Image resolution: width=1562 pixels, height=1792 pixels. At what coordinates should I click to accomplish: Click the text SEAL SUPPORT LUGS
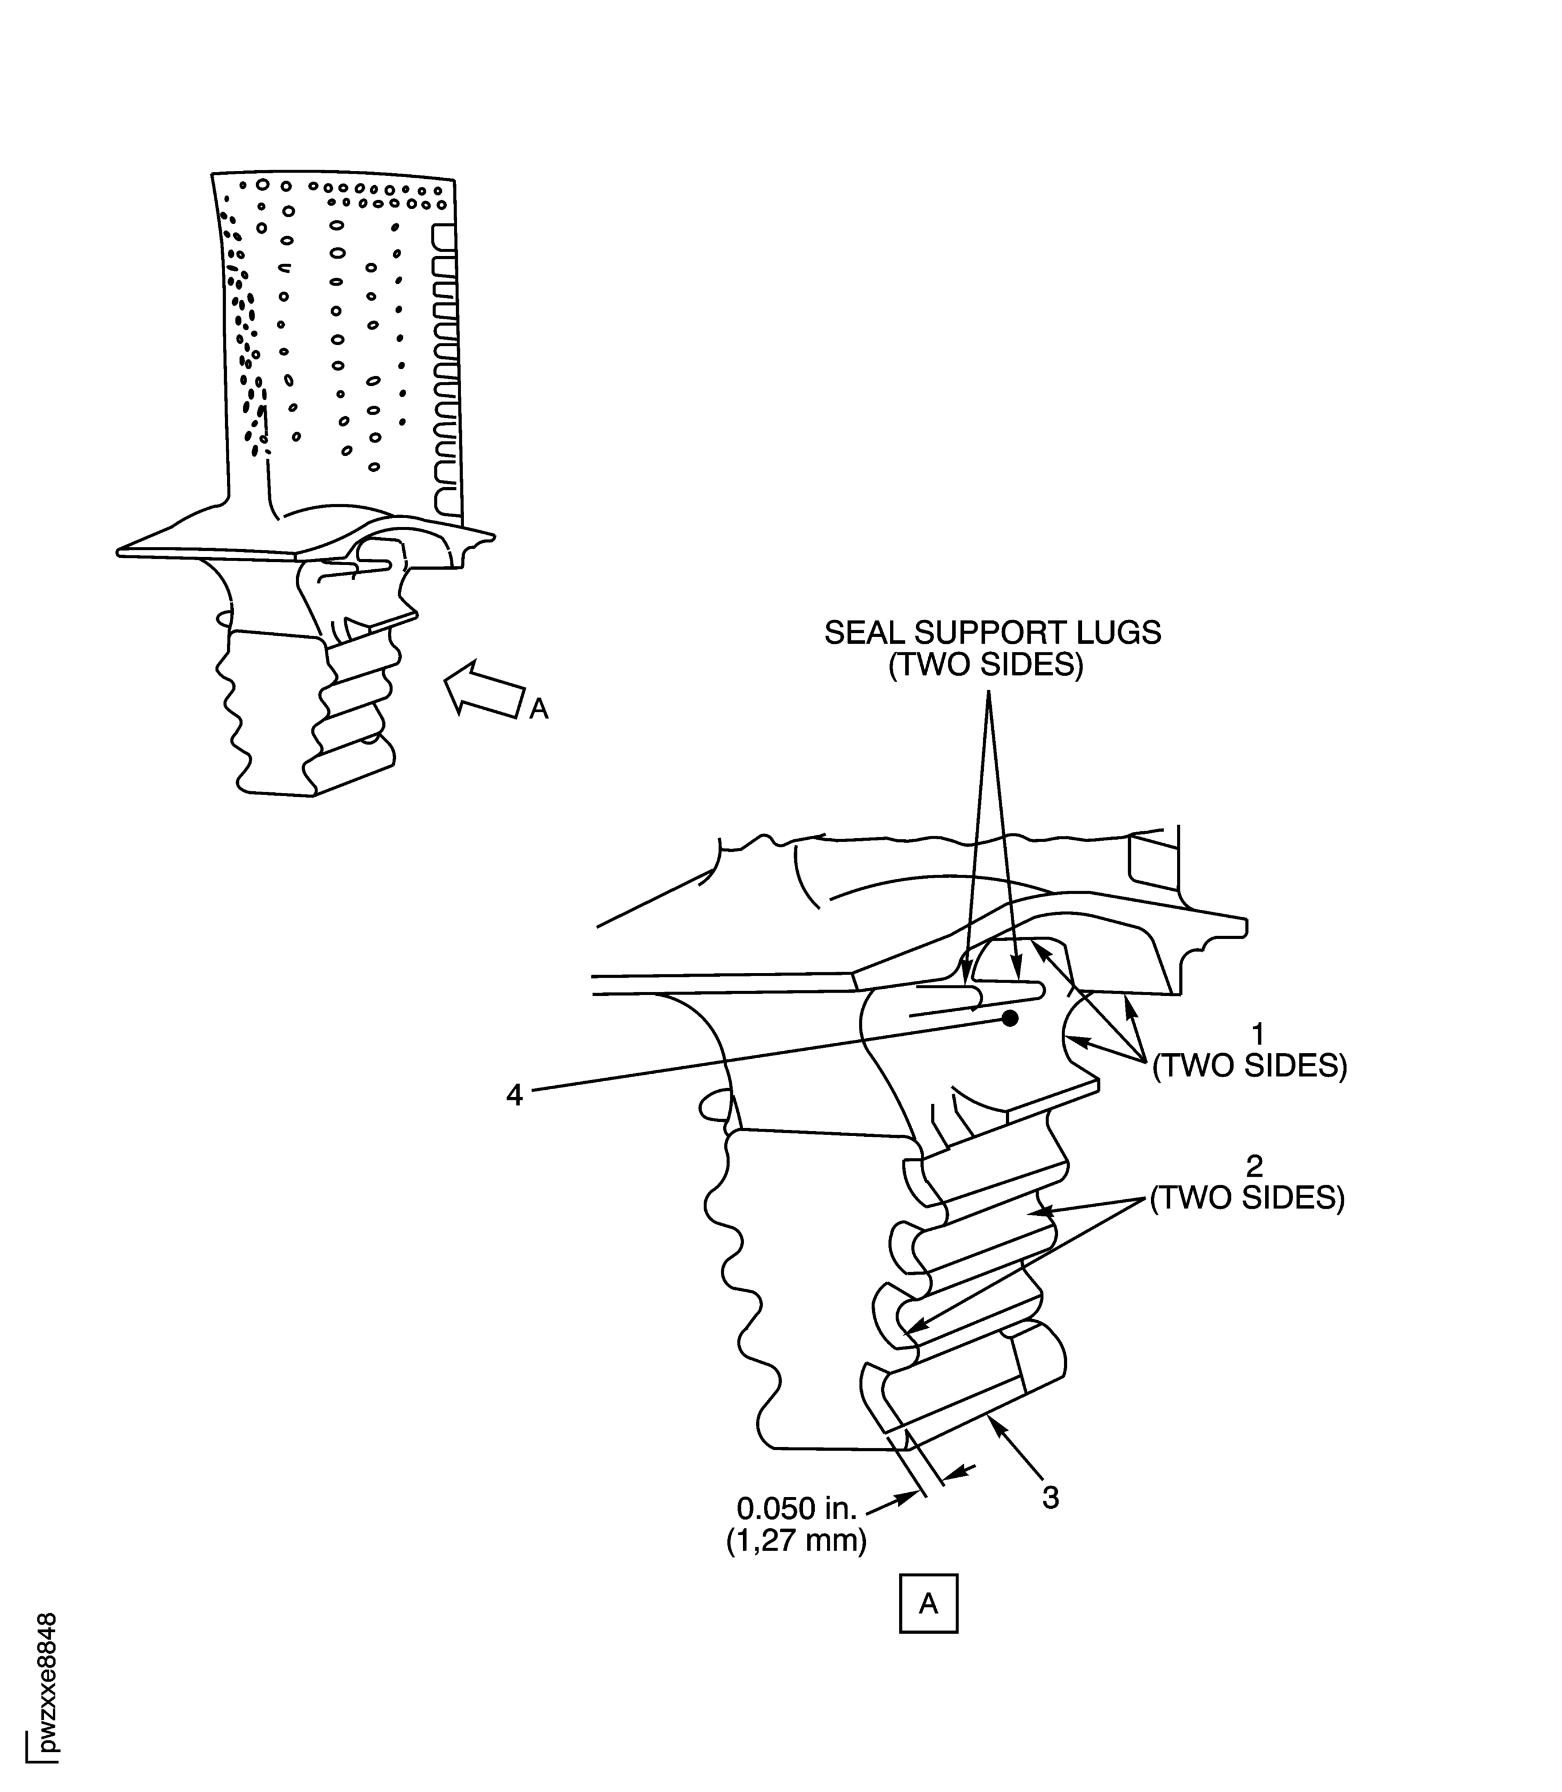(992, 632)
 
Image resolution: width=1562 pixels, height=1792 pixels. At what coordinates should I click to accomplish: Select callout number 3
(1050, 1497)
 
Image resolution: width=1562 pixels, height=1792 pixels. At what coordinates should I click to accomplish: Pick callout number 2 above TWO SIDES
(1254, 1166)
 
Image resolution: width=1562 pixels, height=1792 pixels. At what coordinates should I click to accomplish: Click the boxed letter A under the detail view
(928, 1603)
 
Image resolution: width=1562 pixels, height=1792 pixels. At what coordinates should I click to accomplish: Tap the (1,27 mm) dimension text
(796, 1541)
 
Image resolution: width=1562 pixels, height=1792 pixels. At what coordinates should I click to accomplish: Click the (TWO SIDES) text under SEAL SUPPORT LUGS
(985, 666)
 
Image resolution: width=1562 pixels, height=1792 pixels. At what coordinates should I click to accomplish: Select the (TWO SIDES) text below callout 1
(1249, 1066)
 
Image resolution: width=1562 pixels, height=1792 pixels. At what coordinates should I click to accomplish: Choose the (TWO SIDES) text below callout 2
(1246, 1198)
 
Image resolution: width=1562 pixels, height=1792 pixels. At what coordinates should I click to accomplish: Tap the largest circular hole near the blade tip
(261, 185)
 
